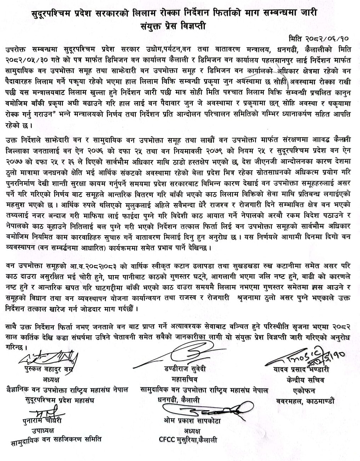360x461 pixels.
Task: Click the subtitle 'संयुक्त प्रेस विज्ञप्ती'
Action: (180, 26)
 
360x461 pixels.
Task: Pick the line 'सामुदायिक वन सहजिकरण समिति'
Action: (56, 440)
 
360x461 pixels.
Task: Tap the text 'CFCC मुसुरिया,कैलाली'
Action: (188, 441)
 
